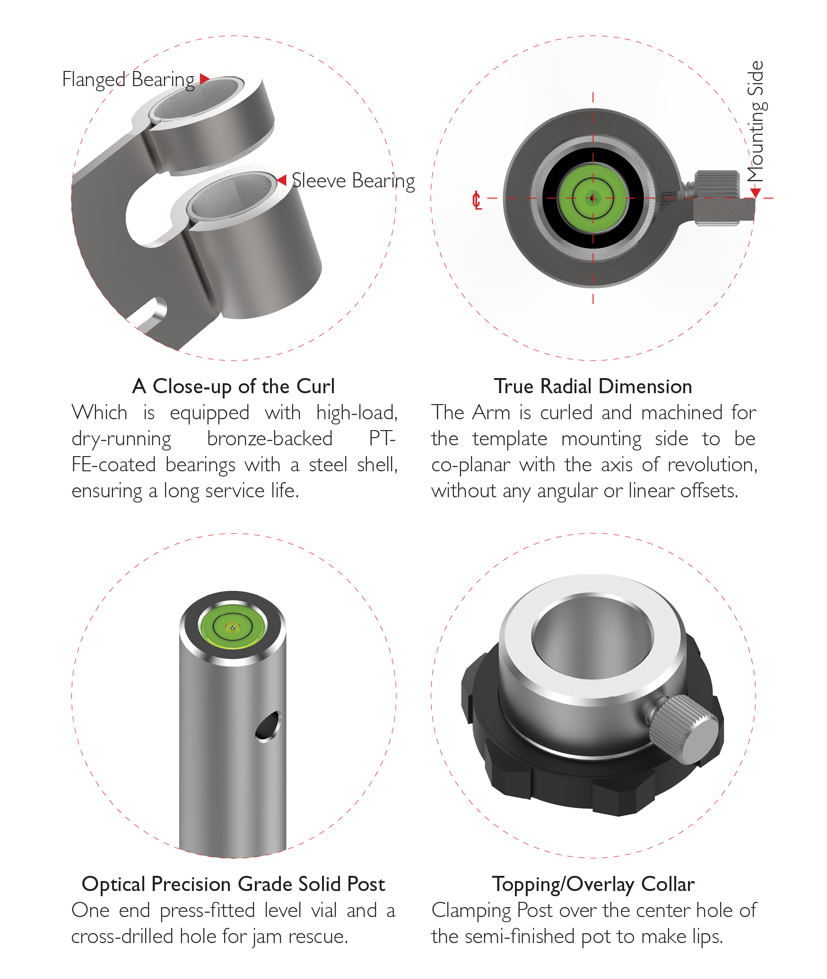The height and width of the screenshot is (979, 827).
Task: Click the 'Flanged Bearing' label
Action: [x=128, y=80]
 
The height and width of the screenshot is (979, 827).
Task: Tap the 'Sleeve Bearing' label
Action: [x=353, y=181]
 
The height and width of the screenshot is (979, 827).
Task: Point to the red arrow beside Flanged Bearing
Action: [x=204, y=79]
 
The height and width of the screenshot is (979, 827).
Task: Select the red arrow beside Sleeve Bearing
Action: [x=282, y=180]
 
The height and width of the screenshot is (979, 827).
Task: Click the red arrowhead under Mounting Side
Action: [x=756, y=192]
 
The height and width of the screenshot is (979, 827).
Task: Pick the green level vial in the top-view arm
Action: [x=593, y=198]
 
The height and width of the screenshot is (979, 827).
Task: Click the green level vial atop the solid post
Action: [x=233, y=627]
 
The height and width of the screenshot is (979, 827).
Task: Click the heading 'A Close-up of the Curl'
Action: [x=234, y=386]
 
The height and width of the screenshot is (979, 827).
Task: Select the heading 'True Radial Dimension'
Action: [x=593, y=386]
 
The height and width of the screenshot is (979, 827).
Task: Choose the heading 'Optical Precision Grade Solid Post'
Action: [x=234, y=884]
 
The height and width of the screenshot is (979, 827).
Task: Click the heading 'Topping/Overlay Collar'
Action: [x=593, y=884]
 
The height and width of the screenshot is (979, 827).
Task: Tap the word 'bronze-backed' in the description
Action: [x=270, y=439]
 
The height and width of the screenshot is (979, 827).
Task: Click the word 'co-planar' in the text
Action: [x=471, y=465]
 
